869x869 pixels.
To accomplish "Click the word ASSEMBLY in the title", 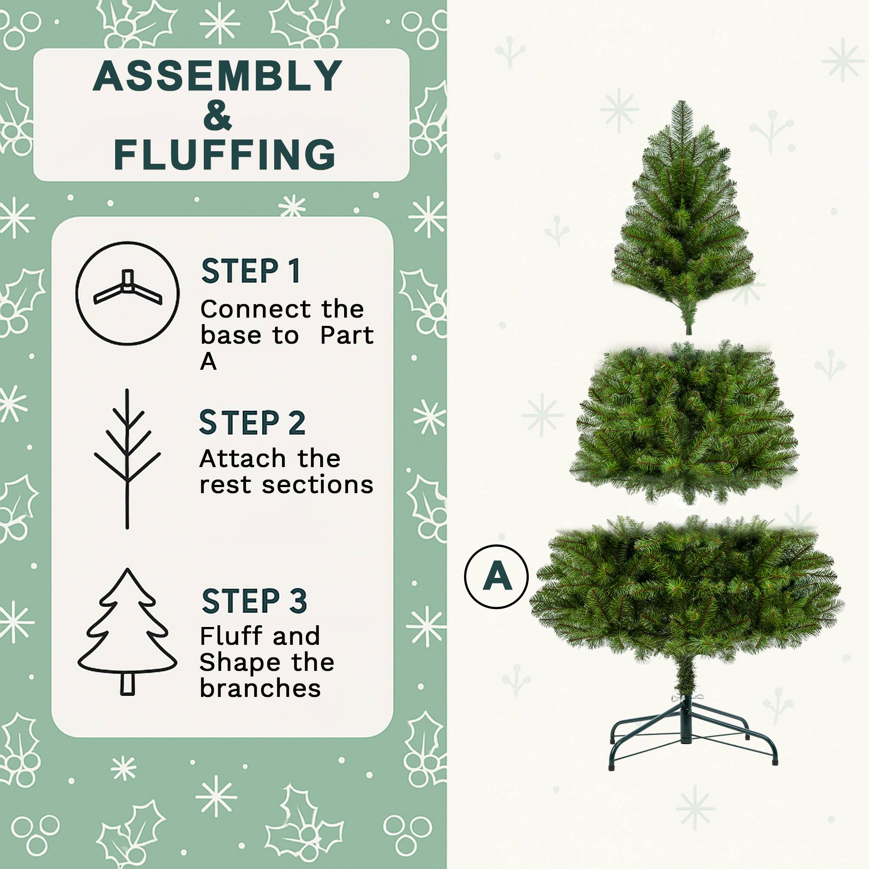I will [218, 76].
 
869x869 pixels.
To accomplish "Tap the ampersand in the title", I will [217, 116].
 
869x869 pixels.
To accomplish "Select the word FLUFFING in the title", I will [225, 155].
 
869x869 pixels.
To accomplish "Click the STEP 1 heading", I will [251, 271].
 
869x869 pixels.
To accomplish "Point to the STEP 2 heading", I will [252, 423].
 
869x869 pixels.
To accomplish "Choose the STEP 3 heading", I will [254, 601].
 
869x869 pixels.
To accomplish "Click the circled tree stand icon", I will [127, 293].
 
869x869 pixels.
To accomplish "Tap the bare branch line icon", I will [127, 459].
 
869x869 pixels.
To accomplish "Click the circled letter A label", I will [496, 577].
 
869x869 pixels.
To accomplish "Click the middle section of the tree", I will [683, 421].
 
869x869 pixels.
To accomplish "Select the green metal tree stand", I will [686, 731].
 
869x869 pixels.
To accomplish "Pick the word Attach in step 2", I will [242, 459].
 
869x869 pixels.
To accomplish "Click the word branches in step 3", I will [260, 689].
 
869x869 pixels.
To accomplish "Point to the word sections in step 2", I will [318, 485].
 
